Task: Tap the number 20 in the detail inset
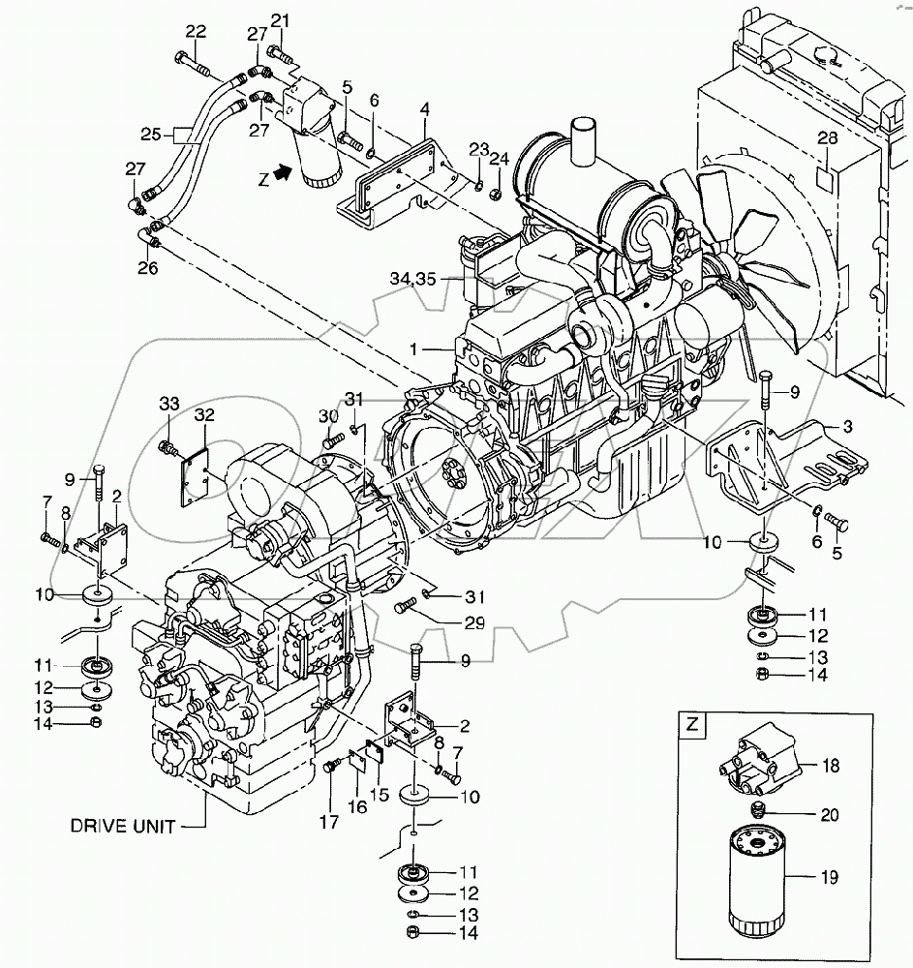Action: pos(828,815)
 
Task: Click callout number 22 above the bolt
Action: pos(197,32)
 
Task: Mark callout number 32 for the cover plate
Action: pos(203,416)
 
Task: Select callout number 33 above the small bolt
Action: pos(170,403)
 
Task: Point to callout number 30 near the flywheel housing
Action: pos(326,416)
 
